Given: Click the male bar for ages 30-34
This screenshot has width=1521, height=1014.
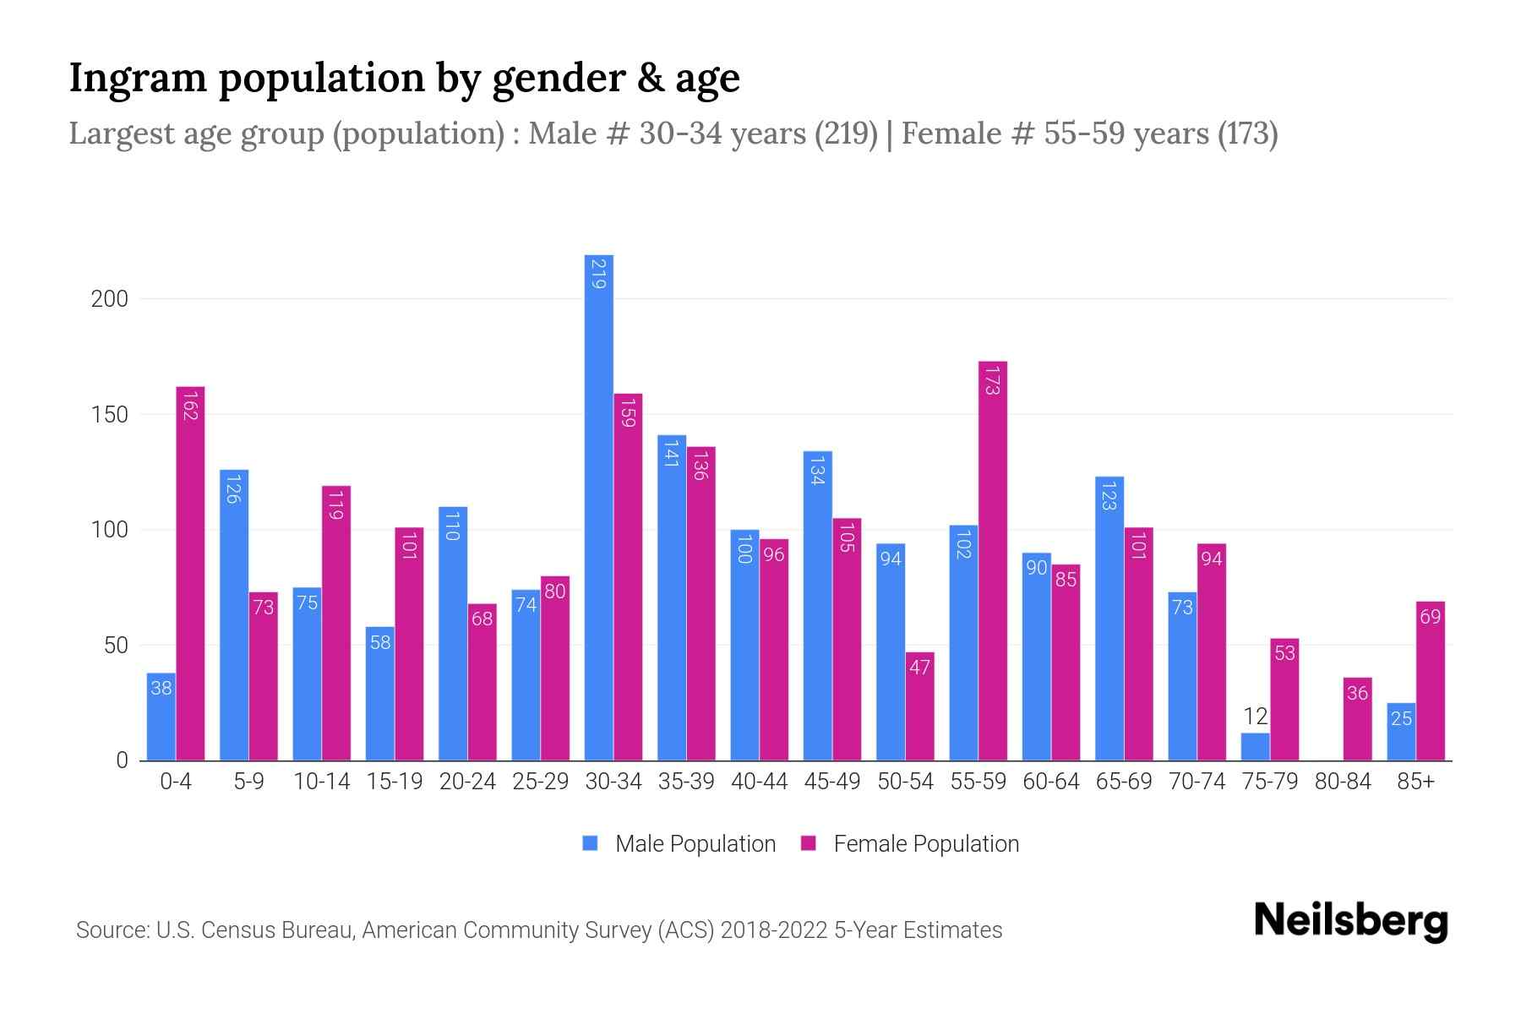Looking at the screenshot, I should [599, 507].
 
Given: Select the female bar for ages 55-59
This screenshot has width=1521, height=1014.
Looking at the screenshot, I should [993, 561].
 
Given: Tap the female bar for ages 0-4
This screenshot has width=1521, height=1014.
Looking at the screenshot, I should [190, 574].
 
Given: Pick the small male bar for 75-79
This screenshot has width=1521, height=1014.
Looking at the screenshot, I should [1255, 747].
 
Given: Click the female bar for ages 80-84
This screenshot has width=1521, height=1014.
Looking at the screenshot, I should [1357, 719].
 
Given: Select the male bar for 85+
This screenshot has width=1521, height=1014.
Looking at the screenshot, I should [1401, 732].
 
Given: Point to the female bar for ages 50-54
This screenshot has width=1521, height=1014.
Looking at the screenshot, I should [920, 706].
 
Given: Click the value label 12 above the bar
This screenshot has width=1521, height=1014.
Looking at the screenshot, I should [1256, 717].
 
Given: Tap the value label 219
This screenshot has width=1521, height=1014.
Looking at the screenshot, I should [598, 275].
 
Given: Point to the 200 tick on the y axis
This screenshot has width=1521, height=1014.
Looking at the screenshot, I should [110, 299].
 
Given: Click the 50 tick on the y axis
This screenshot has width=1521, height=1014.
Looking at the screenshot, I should [116, 646].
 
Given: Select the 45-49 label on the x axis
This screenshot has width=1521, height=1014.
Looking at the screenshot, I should [832, 782].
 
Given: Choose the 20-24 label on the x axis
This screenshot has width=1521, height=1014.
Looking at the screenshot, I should [467, 782].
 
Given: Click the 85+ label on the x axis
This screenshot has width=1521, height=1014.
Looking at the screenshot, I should [1415, 782].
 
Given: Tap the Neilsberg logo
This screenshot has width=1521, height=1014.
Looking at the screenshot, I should [1350, 921].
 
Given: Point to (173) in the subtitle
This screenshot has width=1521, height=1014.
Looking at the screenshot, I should [1247, 134].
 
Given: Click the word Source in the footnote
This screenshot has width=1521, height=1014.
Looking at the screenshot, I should [112, 930].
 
